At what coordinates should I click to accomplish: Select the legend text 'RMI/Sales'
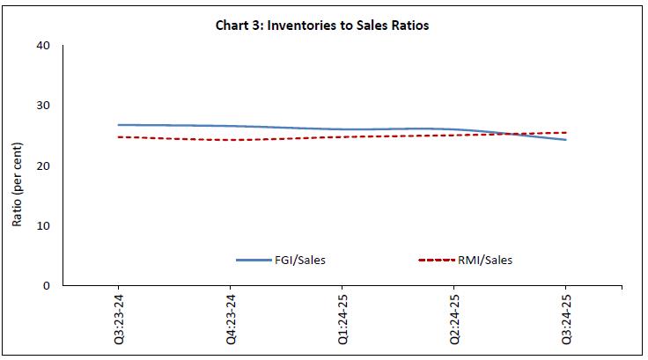click(487, 260)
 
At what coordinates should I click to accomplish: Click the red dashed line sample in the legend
click(438, 260)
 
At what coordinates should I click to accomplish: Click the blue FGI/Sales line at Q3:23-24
click(119, 125)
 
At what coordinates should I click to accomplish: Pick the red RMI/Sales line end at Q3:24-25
click(564, 133)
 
